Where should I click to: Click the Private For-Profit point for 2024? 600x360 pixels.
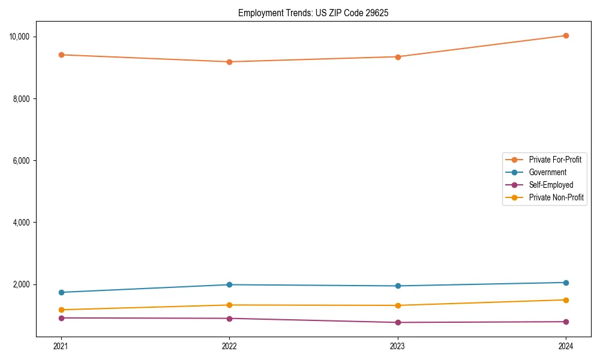[x=566, y=35]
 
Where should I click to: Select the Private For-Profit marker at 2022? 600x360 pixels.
[x=229, y=62]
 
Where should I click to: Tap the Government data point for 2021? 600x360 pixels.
[x=61, y=292]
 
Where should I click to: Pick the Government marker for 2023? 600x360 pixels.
[x=398, y=286]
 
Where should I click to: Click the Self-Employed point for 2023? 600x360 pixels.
[x=398, y=322]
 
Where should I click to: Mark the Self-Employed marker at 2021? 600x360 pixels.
[x=61, y=318]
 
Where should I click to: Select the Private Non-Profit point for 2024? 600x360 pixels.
[x=566, y=300]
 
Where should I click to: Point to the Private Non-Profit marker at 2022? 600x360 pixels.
[x=229, y=305]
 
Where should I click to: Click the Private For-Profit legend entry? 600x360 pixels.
[x=554, y=160]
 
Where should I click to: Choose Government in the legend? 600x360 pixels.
[x=547, y=172]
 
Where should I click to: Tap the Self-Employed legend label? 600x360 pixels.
[x=551, y=185]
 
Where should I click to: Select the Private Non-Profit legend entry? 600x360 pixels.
[x=556, y=197]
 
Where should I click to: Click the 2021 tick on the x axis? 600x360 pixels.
[x=61, y=346]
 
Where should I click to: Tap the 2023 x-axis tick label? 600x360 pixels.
[x=398, y=346]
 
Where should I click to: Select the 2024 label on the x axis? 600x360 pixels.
[x=566, y=346]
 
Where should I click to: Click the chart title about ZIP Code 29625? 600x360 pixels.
[x=313, y=13]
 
